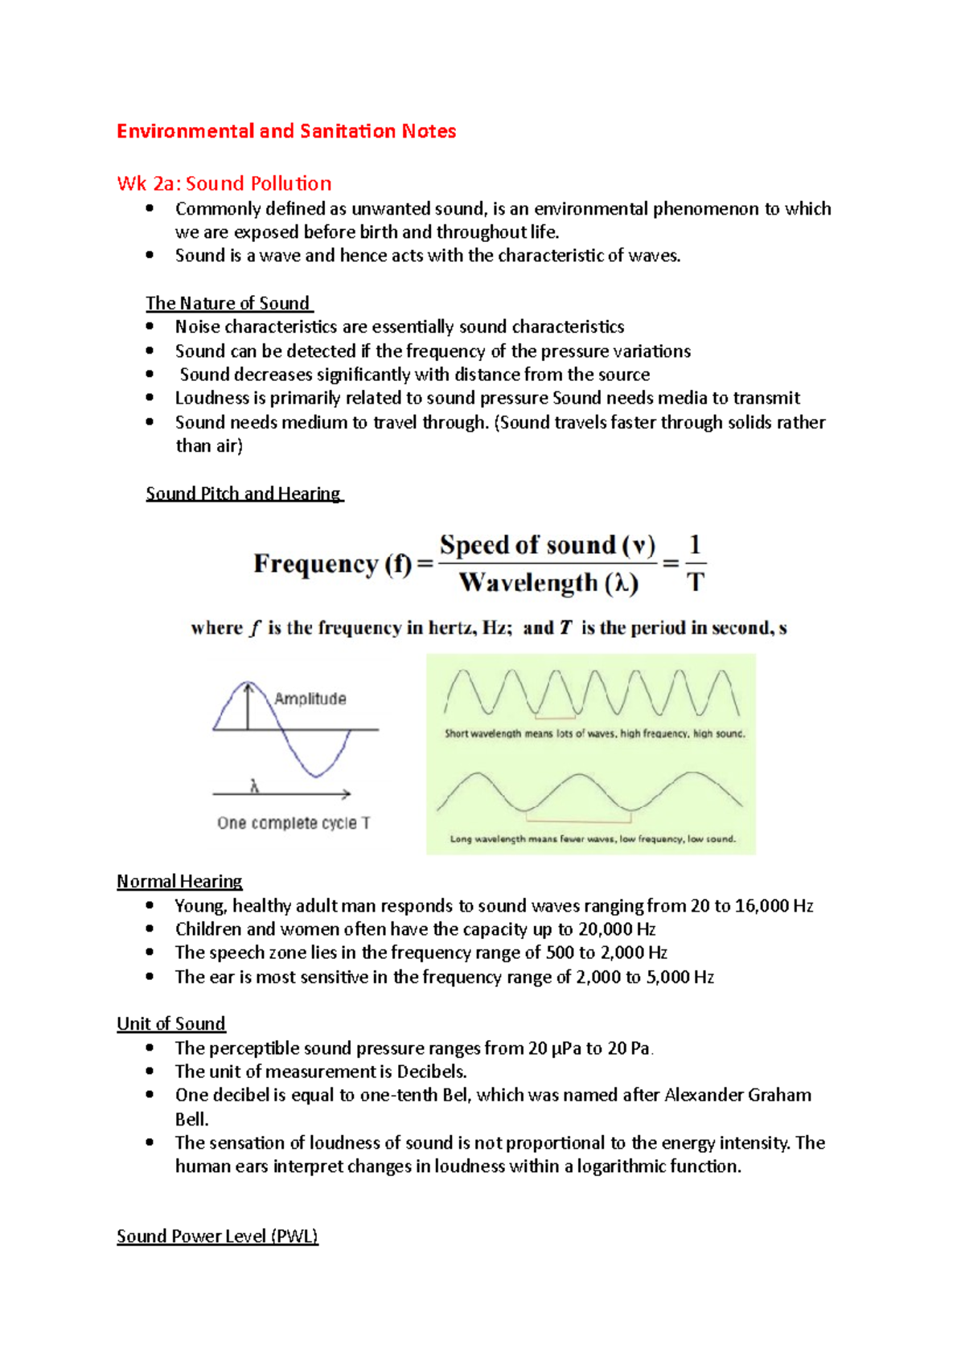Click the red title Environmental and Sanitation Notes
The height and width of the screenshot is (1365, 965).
click(x=286, y=131)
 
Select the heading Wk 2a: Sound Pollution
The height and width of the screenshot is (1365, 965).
click(x=224, y=183)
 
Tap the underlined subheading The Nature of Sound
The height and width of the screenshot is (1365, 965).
click(x=228, y=303)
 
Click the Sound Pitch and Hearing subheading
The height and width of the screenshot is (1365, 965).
click(x=243, y=494)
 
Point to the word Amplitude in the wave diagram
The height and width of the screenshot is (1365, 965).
click(x=310, y=699)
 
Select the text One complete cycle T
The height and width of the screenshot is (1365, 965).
click(x=294, y=823)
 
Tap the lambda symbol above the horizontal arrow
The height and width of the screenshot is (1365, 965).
click(x=254, y=786)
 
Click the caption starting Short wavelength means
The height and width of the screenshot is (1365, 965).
click(x=594, y=733)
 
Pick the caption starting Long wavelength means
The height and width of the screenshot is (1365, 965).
click(x=592, y=838)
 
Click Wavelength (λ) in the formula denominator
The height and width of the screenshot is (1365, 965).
click(x=548, y=583)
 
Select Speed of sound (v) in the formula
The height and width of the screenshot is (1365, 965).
click(x=547, y=545)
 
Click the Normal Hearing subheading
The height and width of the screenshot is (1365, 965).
click(x=179, y=881)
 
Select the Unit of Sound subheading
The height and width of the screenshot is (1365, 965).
click(x=170, y=1023)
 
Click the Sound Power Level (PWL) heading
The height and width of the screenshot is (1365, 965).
click(x=217, y=1236)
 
